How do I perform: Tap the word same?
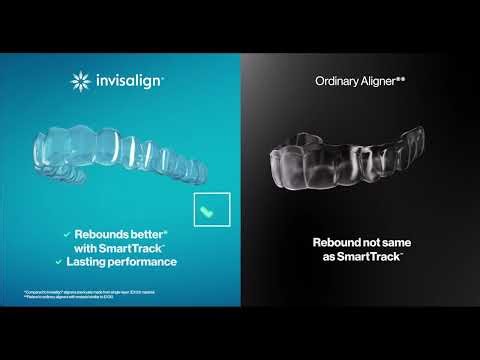392,241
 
